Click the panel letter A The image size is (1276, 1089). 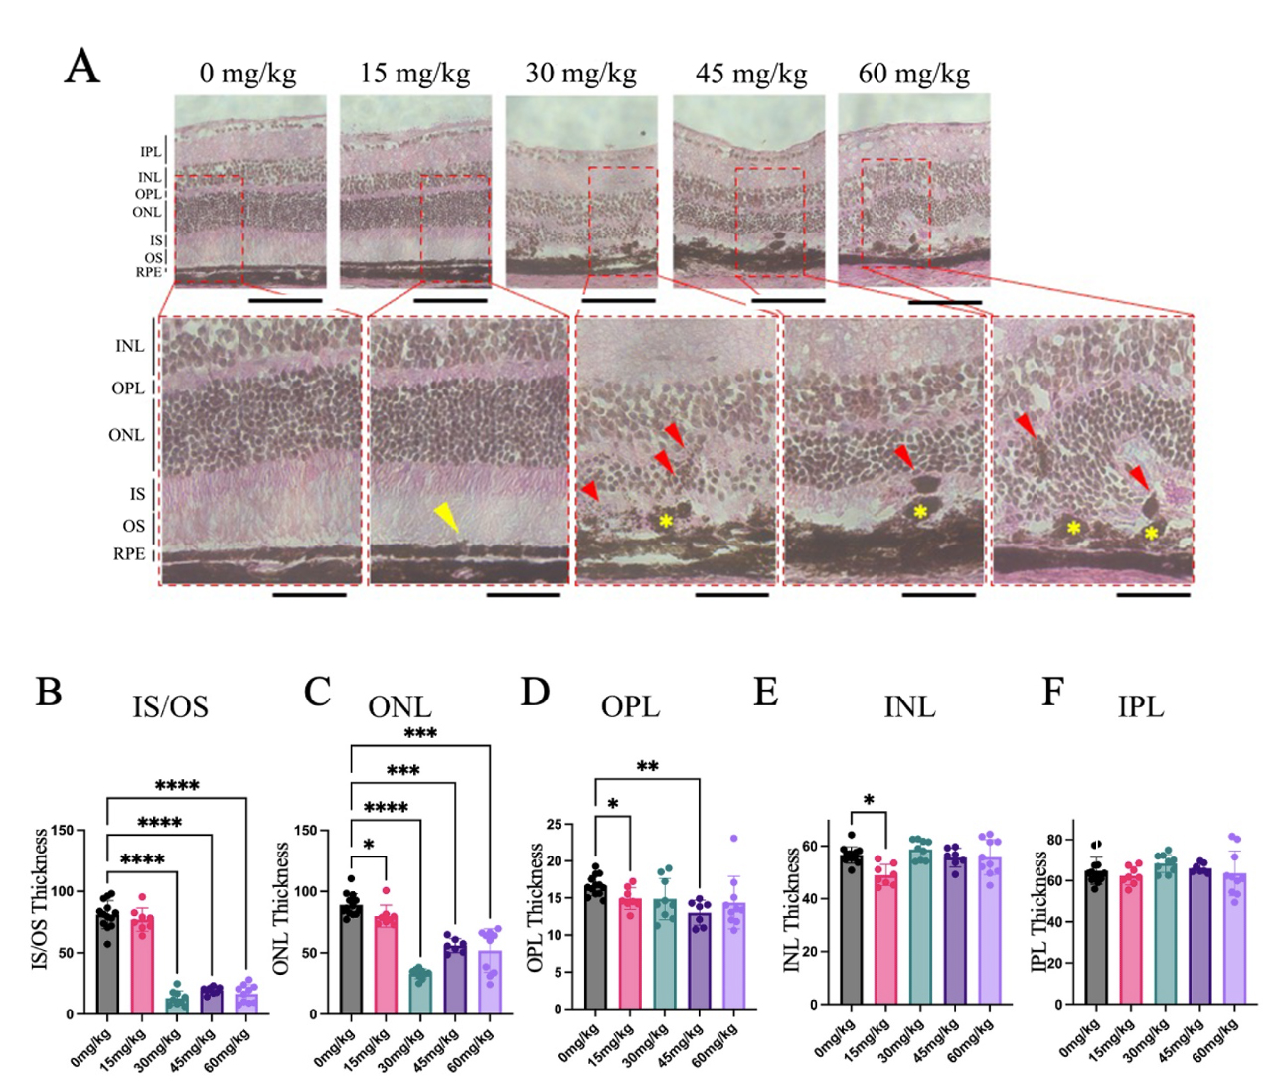click(82, 68)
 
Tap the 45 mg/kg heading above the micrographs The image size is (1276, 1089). click(750, 74)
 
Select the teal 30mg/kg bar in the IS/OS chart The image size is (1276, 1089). click(177, 1002)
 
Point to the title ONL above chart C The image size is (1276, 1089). click(399, 706)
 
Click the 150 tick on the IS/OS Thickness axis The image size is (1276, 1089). click(89, 830)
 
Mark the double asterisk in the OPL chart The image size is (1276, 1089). click(647, 767)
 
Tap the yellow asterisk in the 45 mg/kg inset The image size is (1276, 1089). click(920, 511)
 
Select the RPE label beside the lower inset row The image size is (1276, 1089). click(128, 554)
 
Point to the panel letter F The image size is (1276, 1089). click(1052, 692)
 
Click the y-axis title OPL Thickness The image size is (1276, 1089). click(537, 908)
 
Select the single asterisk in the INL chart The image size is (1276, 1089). click(869, 800)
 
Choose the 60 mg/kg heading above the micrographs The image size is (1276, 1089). click(913, 74)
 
